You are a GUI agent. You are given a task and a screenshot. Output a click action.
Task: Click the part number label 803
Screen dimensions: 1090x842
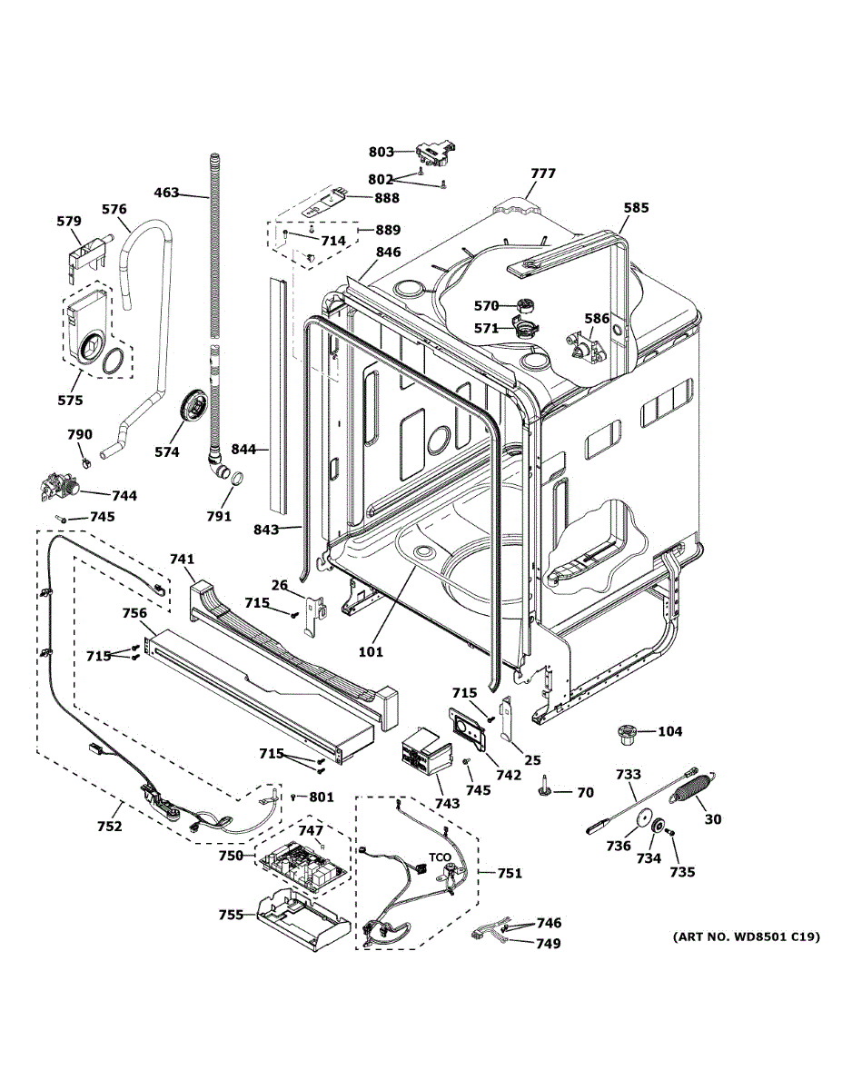point(381,152)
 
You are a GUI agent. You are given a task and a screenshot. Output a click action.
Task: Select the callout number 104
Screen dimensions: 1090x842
point(669,731)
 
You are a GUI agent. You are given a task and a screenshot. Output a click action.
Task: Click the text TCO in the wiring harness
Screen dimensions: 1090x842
point(440,858)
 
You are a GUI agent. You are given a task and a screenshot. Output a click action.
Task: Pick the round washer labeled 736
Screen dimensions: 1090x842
point(646,818)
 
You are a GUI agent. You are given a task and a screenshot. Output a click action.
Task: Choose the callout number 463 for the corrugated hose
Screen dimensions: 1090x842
point(166,193)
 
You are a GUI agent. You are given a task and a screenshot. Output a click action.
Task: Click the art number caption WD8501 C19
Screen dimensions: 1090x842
point(746,936)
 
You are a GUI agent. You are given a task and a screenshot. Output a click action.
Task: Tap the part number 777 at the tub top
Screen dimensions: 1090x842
point(543,173)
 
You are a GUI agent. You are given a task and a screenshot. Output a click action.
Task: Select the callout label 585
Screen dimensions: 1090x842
point(636,208)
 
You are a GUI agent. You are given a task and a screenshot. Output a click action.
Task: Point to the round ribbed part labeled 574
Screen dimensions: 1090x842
point(194,405)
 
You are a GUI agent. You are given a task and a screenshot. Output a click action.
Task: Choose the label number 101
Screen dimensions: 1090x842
point(371,651)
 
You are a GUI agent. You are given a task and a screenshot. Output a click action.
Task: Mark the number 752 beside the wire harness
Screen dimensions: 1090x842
point(109,827)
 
